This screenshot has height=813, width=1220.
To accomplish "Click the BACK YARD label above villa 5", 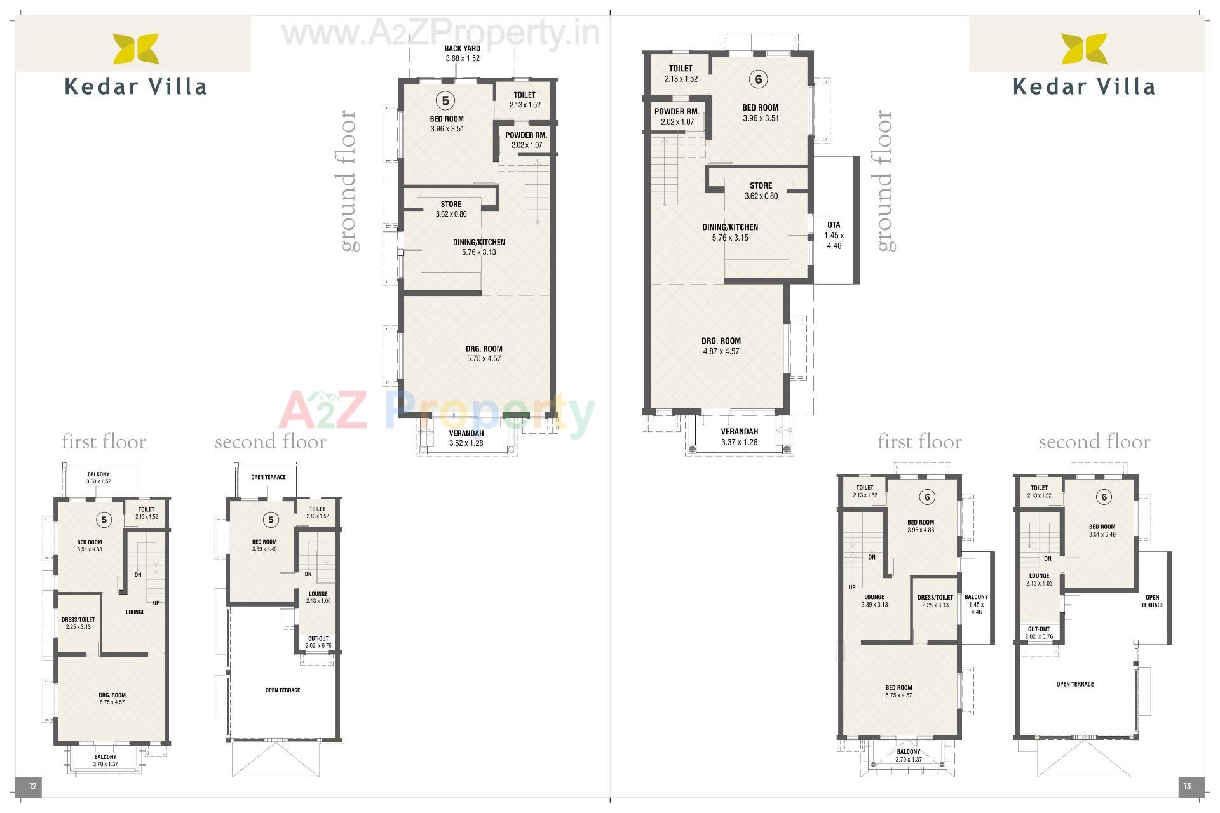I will tap(462, 48).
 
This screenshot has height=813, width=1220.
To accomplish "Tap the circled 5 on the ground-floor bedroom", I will tap(445, 100).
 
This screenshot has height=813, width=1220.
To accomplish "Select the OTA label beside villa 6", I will tap(834, 225).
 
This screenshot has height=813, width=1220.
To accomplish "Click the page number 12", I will tap(32, 786).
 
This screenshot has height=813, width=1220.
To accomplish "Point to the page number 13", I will tap(1187, 786).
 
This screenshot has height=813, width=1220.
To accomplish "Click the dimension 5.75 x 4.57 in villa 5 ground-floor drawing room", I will tap(484, 359).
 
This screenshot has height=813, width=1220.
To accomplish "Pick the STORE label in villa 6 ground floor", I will tap(761, 185).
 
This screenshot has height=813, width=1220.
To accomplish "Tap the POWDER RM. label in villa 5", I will tap(526, 135).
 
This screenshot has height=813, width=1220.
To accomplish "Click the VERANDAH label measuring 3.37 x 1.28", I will tap(739, 432).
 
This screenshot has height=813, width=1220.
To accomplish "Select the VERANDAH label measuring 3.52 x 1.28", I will tap(466, 433).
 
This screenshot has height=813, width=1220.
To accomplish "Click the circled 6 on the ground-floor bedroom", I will tap(757, 79).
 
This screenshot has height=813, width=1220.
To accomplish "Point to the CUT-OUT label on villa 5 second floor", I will tap(318, 639).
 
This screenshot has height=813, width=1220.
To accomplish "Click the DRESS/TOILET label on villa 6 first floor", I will tap(935, 597).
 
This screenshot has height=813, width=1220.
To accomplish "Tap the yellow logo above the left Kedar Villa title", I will tap(136, 49).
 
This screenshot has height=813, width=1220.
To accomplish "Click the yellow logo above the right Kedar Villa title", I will tap(1084, 49).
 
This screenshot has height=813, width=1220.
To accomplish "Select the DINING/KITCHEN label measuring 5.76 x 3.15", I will tap(730, 227).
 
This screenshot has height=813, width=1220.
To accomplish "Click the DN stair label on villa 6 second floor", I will tap(1047, 559).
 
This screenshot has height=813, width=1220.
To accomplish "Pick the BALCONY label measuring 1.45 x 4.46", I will tap(976, 597).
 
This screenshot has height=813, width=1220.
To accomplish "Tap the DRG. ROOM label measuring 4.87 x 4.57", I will tap(721, 340).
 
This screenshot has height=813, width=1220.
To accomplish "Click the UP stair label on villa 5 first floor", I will tap(156, 603).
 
